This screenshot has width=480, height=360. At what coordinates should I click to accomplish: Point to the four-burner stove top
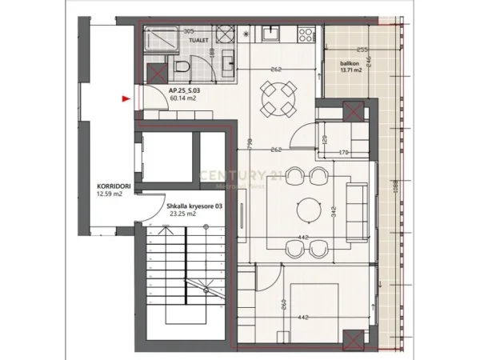click(306, 35)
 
